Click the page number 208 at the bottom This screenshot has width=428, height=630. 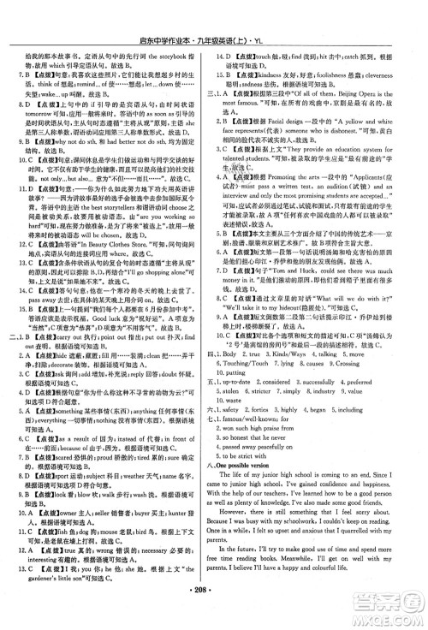(214, 614)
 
